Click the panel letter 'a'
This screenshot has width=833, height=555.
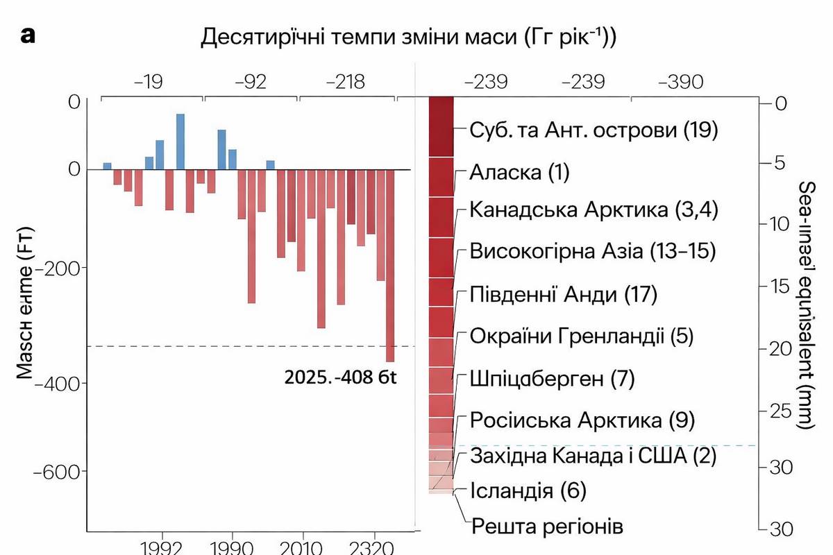(x=28, y=36)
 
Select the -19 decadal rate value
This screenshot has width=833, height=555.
(x=149, y=83)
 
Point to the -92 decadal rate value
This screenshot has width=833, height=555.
(x=251, y=83)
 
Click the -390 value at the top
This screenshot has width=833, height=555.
(x=680, y=83)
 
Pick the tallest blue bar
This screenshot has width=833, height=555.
(x=180, y=142)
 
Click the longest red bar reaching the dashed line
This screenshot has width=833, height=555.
(x=390, y=266)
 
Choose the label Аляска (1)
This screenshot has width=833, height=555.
(x=519, y=172)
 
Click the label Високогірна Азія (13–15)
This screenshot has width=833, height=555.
(x=592, y=250)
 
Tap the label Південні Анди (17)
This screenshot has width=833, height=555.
(x=563, y=294)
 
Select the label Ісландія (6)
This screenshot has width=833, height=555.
(x=528, y=491)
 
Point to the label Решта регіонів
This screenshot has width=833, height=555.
(x=547, y=526)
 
